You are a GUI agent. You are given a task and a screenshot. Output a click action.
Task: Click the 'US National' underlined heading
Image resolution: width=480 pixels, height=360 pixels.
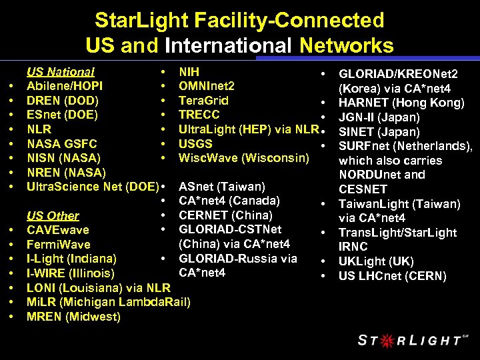[60, 71]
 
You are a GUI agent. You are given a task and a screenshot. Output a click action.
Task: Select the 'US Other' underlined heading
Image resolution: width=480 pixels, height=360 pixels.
[53, 215]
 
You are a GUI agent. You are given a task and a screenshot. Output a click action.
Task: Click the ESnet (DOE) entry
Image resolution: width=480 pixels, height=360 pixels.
[62, 115]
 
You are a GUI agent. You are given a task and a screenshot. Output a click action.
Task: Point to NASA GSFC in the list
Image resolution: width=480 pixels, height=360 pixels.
[61, 143]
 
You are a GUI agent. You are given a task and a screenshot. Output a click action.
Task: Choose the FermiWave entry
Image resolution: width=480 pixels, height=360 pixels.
[58, 245]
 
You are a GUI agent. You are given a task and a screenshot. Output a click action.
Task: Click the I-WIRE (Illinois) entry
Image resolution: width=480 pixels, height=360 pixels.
[70, 273]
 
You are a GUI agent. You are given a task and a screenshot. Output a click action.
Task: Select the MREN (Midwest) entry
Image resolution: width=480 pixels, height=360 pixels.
[73, 317]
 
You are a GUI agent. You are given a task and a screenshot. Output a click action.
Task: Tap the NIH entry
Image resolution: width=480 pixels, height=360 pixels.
[189, 71]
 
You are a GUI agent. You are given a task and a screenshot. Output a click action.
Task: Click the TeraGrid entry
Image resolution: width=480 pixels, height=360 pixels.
[203, 101]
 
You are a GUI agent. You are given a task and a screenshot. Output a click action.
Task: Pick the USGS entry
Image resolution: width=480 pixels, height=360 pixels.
[195, 143]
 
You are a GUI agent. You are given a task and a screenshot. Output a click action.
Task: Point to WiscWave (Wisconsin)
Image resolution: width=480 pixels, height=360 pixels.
[244, 158]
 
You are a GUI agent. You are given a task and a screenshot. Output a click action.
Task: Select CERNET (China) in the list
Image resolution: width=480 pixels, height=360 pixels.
[225, 215]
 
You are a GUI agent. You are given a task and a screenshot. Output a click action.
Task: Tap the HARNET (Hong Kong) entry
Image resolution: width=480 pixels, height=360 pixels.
[401, 103]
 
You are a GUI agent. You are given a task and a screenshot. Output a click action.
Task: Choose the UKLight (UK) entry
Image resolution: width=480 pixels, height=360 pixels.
[375, 261]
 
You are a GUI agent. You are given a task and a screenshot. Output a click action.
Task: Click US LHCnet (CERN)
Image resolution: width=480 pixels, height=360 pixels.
[392, 276]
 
